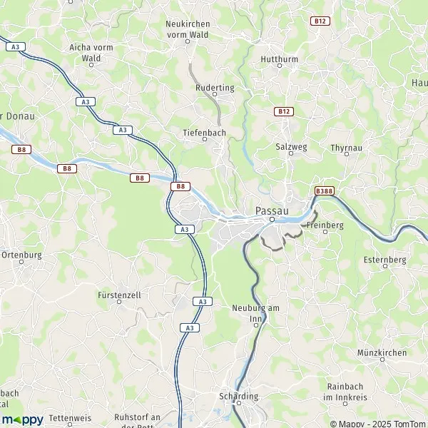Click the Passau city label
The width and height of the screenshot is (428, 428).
click(272, 211)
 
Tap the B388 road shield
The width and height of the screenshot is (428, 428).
click(323, 190)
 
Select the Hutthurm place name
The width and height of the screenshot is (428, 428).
click(278, 58)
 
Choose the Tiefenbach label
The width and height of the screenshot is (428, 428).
click(204, 133)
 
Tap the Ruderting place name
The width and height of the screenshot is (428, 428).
click(215, 87)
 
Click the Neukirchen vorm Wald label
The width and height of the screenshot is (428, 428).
click(188, 29)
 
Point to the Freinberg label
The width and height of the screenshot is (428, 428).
click(325, 225)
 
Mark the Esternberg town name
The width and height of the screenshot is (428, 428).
click(384, 259)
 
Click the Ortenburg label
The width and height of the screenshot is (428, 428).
click(22, 255)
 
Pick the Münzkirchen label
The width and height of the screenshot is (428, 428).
click(382, 352)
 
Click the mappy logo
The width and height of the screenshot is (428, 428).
click(22, 419)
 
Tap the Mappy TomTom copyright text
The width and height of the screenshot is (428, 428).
click(377, 424)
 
